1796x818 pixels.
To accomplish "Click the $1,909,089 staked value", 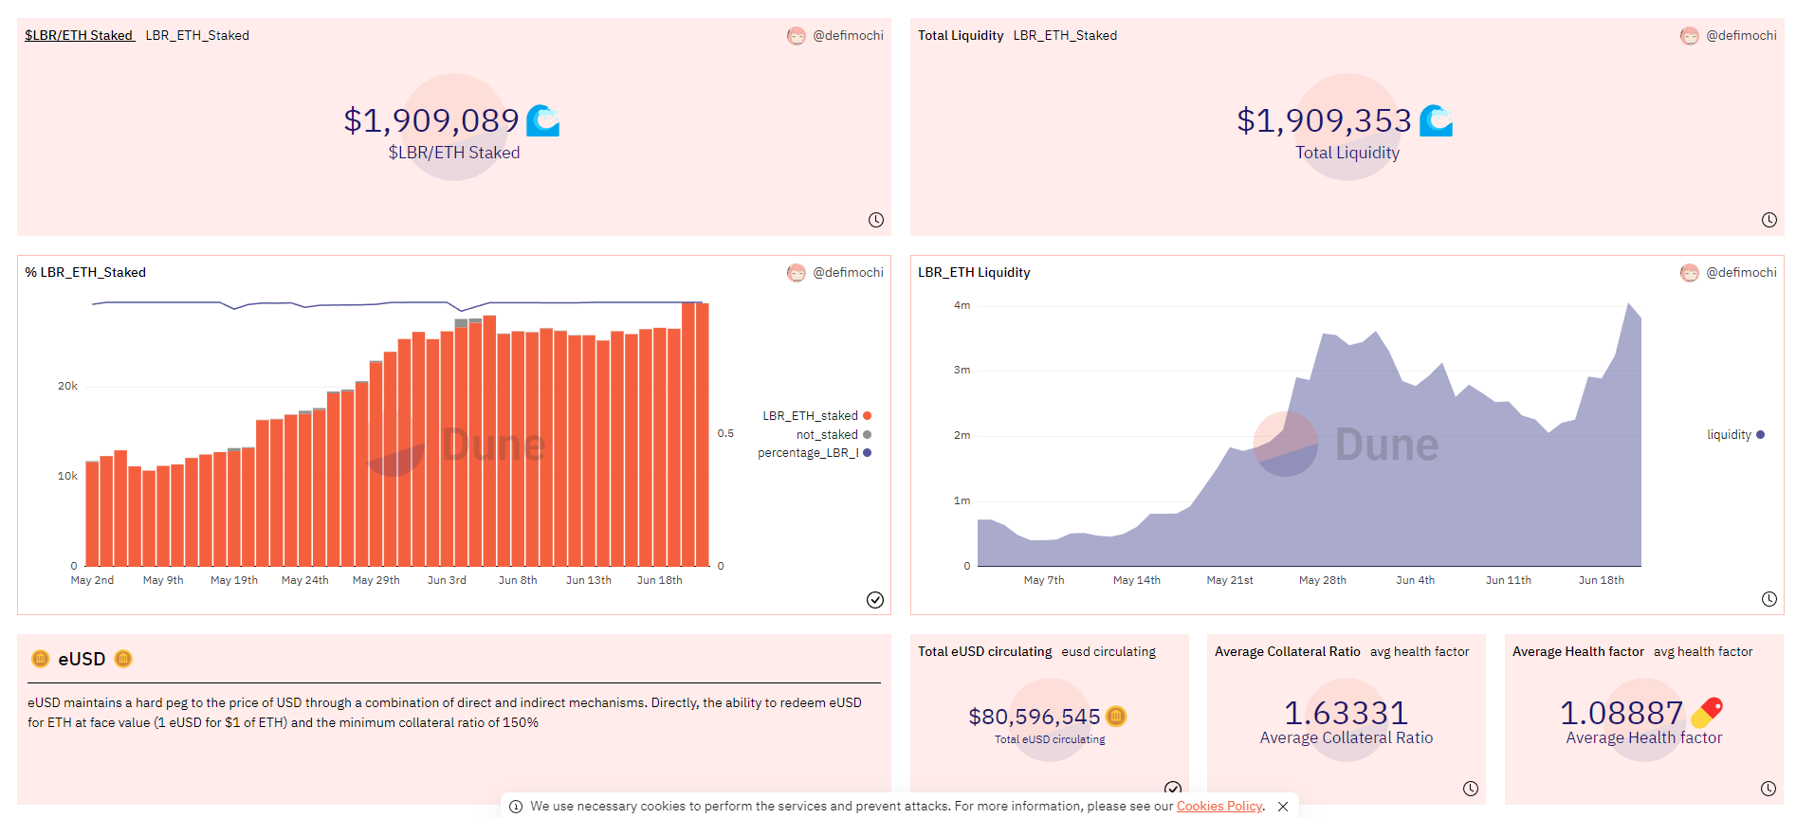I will [x=431, y=120].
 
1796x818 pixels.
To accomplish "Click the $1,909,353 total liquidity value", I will [x=1324, y=120].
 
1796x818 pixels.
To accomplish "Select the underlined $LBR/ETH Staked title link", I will [x=79, y=35].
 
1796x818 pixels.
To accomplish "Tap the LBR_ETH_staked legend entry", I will [x=811, y=416].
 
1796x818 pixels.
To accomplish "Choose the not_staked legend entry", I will [x=827, y=435].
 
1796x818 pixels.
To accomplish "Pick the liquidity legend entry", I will [x=1730, y=435].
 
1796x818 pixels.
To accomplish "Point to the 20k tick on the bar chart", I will [x=67, y=386].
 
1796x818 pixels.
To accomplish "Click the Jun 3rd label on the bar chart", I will [x=447, y=580].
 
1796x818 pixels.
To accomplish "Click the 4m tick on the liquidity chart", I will [x=962, y=305].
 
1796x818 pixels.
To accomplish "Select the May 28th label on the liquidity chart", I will [x=1322, y=580].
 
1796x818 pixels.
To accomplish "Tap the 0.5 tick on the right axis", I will [x=725, y=433].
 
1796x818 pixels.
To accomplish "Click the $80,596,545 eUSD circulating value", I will [x=1035, y=717].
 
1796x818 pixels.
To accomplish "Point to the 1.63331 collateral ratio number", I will [x=1346, y=713].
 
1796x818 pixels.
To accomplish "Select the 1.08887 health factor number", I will [x=1622, y=713].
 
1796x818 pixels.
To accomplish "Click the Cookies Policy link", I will [x=1219, y=806].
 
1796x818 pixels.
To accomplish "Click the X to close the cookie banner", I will [x=1283, y=807].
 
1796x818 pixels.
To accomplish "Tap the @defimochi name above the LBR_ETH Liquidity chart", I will [x=1741, y=272].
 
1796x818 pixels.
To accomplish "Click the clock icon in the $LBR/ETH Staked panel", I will [x=876, y=220].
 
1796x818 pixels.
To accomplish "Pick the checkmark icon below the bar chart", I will [x=875, y=599].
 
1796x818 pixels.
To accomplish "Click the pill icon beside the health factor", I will [x=1707, y=712].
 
